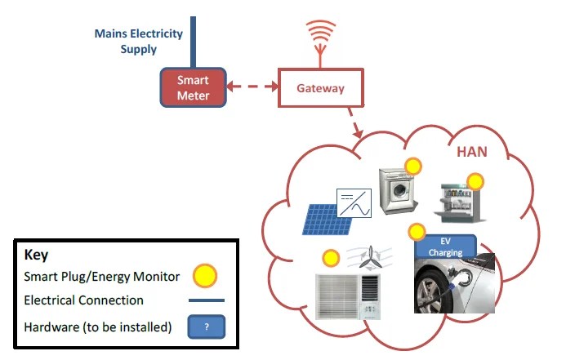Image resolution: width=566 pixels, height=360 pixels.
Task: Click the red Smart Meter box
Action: click(x=194, y=88)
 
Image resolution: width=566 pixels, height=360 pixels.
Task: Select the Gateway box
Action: click(x=320, y=88)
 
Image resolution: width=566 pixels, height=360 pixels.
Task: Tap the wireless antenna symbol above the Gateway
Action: click(x=320, y=37)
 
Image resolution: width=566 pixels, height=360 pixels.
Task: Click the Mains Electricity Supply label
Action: click(x=138, y=42)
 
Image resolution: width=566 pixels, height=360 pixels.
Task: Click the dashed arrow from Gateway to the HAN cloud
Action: click(x=358, y=123)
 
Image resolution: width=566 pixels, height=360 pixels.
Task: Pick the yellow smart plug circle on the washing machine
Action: click(x=413, y=167)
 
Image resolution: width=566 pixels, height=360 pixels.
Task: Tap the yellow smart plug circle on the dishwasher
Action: click(x=475, y=181)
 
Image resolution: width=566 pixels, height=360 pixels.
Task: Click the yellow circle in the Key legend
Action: click(x=205, y=275)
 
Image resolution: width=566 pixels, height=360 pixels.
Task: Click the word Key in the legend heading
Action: click(x=37, y=254)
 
